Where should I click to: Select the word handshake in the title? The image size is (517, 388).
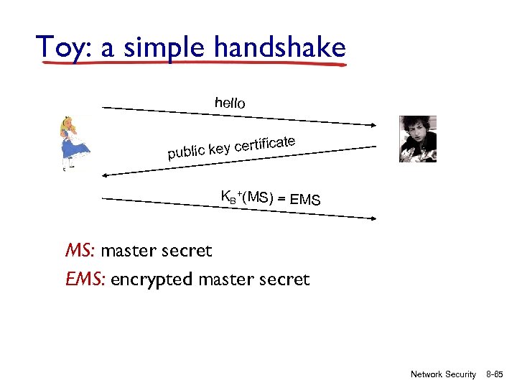279,48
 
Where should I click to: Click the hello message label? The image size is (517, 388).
230,103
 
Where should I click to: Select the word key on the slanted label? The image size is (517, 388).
220,149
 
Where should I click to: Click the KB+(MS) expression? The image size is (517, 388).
247,197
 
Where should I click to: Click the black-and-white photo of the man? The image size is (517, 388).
417,139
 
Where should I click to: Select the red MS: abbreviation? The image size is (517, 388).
80,251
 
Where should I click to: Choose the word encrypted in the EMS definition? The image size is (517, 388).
152,280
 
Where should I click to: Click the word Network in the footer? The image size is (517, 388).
426,374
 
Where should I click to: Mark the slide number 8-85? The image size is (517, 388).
495,374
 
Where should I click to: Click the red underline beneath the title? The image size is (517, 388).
194,65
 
